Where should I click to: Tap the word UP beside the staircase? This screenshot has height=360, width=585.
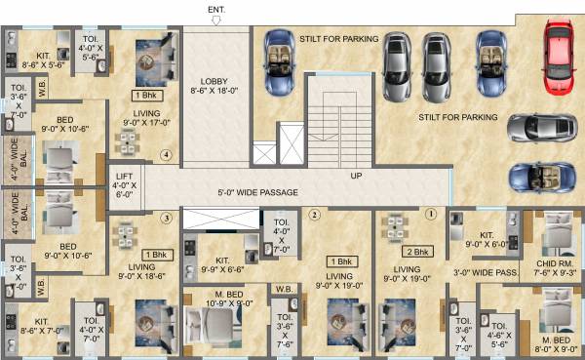click(x=356, y=177)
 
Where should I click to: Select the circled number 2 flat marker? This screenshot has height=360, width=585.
click(x=314, y=215)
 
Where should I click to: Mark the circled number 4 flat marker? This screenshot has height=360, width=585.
click(x=166, y=154)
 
